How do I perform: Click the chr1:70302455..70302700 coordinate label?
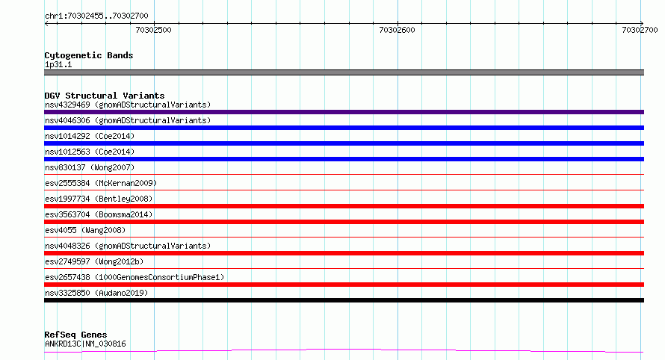point(96,16)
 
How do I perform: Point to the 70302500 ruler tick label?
point(153,30)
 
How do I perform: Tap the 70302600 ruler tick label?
point(397,30)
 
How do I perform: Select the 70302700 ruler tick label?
point(640,30)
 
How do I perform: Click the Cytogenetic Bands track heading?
point(89,55)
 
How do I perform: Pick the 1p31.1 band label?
point(58,64)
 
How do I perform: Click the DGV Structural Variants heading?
point(105,96)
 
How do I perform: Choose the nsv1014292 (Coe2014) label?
point(90,136)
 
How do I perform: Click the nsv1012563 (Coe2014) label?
point(90,152)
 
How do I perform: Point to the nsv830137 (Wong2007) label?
point(90,167)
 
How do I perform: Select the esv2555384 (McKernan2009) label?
point(101,183)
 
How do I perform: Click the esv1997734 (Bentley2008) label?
point(99,199)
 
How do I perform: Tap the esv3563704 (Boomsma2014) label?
point(99,214)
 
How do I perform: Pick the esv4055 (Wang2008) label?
point(85,230)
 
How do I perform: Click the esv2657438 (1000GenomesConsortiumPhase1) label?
point(134,277)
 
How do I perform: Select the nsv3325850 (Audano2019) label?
point(96,293)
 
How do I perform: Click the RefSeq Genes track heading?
point(75,335)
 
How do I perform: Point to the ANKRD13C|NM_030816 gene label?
point(85,344)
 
